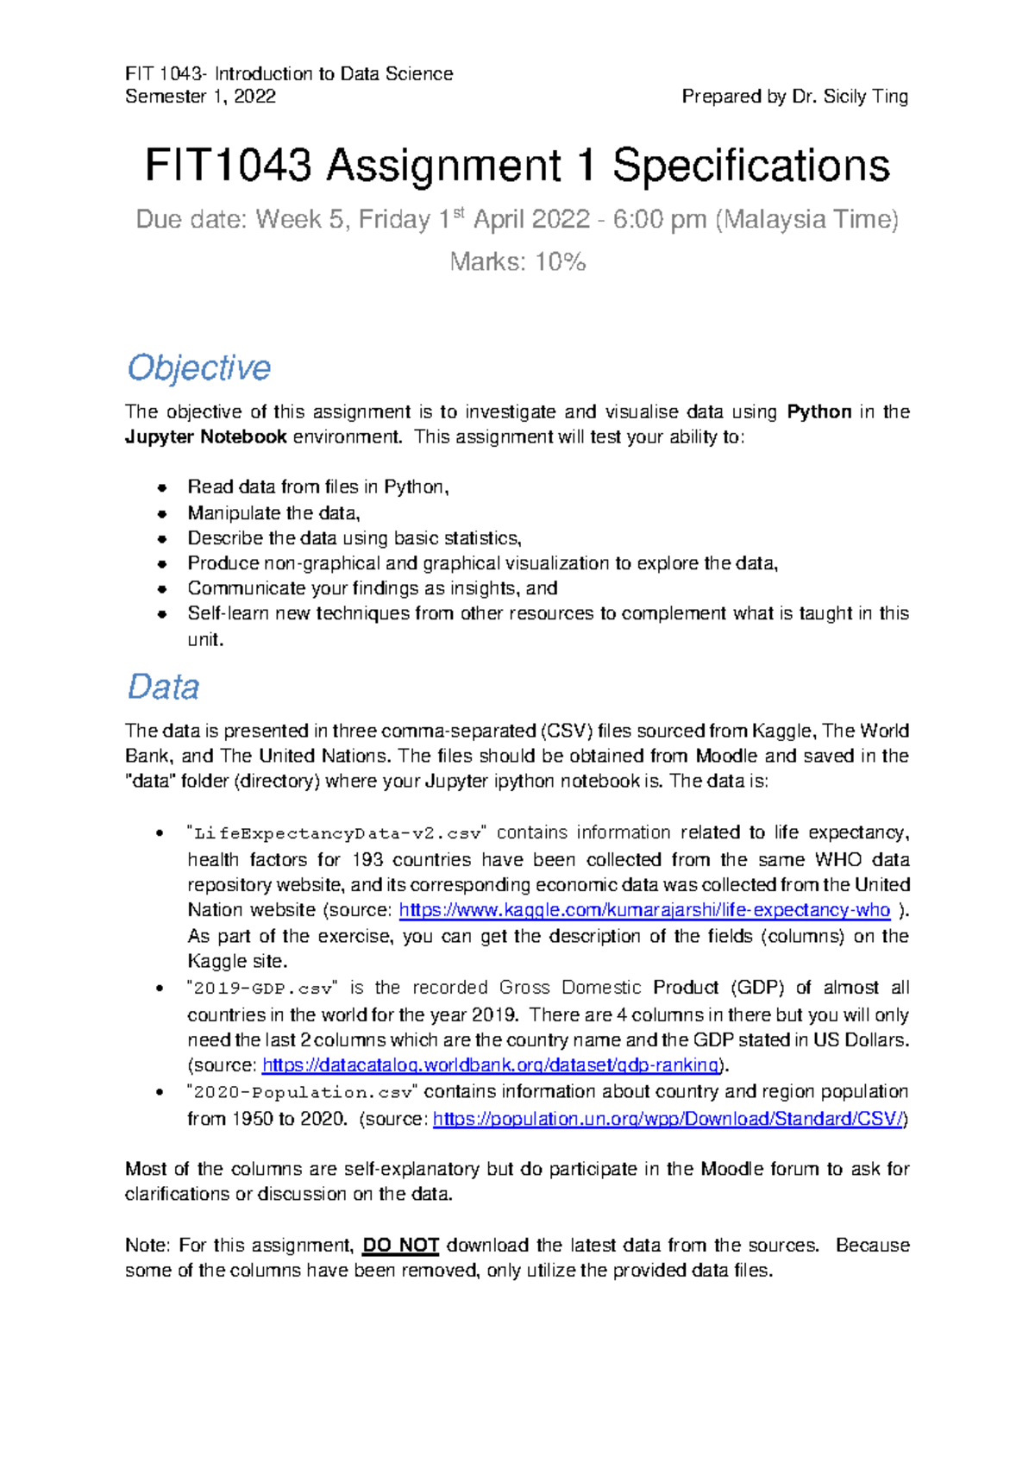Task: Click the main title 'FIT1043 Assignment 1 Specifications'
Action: (517, 165)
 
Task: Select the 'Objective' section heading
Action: (199, 367)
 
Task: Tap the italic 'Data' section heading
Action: (163, 687)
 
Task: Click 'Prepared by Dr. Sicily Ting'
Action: (794, 97)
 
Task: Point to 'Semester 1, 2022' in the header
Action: (200, 97)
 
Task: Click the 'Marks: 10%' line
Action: (517, 261)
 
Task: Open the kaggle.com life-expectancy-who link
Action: (643, 910)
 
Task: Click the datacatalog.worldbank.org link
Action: (490, 1065)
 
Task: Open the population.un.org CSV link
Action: (669, 1119)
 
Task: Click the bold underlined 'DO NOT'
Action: (401, 1246)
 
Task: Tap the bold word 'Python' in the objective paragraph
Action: (819, 411)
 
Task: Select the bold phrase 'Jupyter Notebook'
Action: (206, 436)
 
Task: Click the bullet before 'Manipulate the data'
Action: (161, 513)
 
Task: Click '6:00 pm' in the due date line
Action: (660, 219)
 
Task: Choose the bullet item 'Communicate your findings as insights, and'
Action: (373, 588)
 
